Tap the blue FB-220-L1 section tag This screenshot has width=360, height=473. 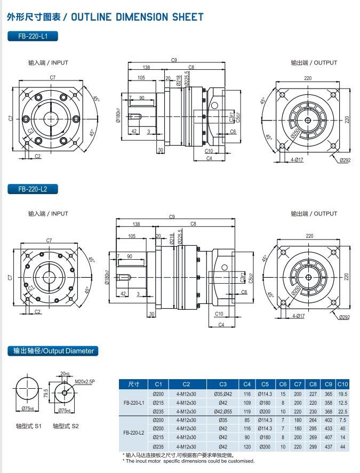click(x=33, y=37)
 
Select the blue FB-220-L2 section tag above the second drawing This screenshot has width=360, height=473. click(x=33, y=189)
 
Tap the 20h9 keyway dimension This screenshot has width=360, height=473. click(x=65, y=373)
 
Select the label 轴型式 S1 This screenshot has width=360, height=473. click(x=28, y=426)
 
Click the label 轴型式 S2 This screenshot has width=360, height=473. click(x=66, y=426)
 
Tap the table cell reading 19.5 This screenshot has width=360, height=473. click(x=342, y=394)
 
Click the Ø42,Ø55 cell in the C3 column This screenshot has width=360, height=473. click(x=223, y=411)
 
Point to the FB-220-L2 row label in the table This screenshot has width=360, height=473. click(x=134, y=432)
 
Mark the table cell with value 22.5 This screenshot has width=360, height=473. click(x=342, y=411)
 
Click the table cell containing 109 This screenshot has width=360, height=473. click(x=247, y=402)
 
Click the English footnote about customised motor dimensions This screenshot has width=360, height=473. click(x=189, y=461)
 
